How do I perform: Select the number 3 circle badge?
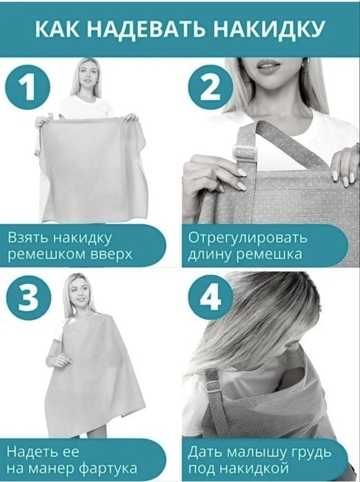(28, 299)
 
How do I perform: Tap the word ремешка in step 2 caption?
(268, 254)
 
